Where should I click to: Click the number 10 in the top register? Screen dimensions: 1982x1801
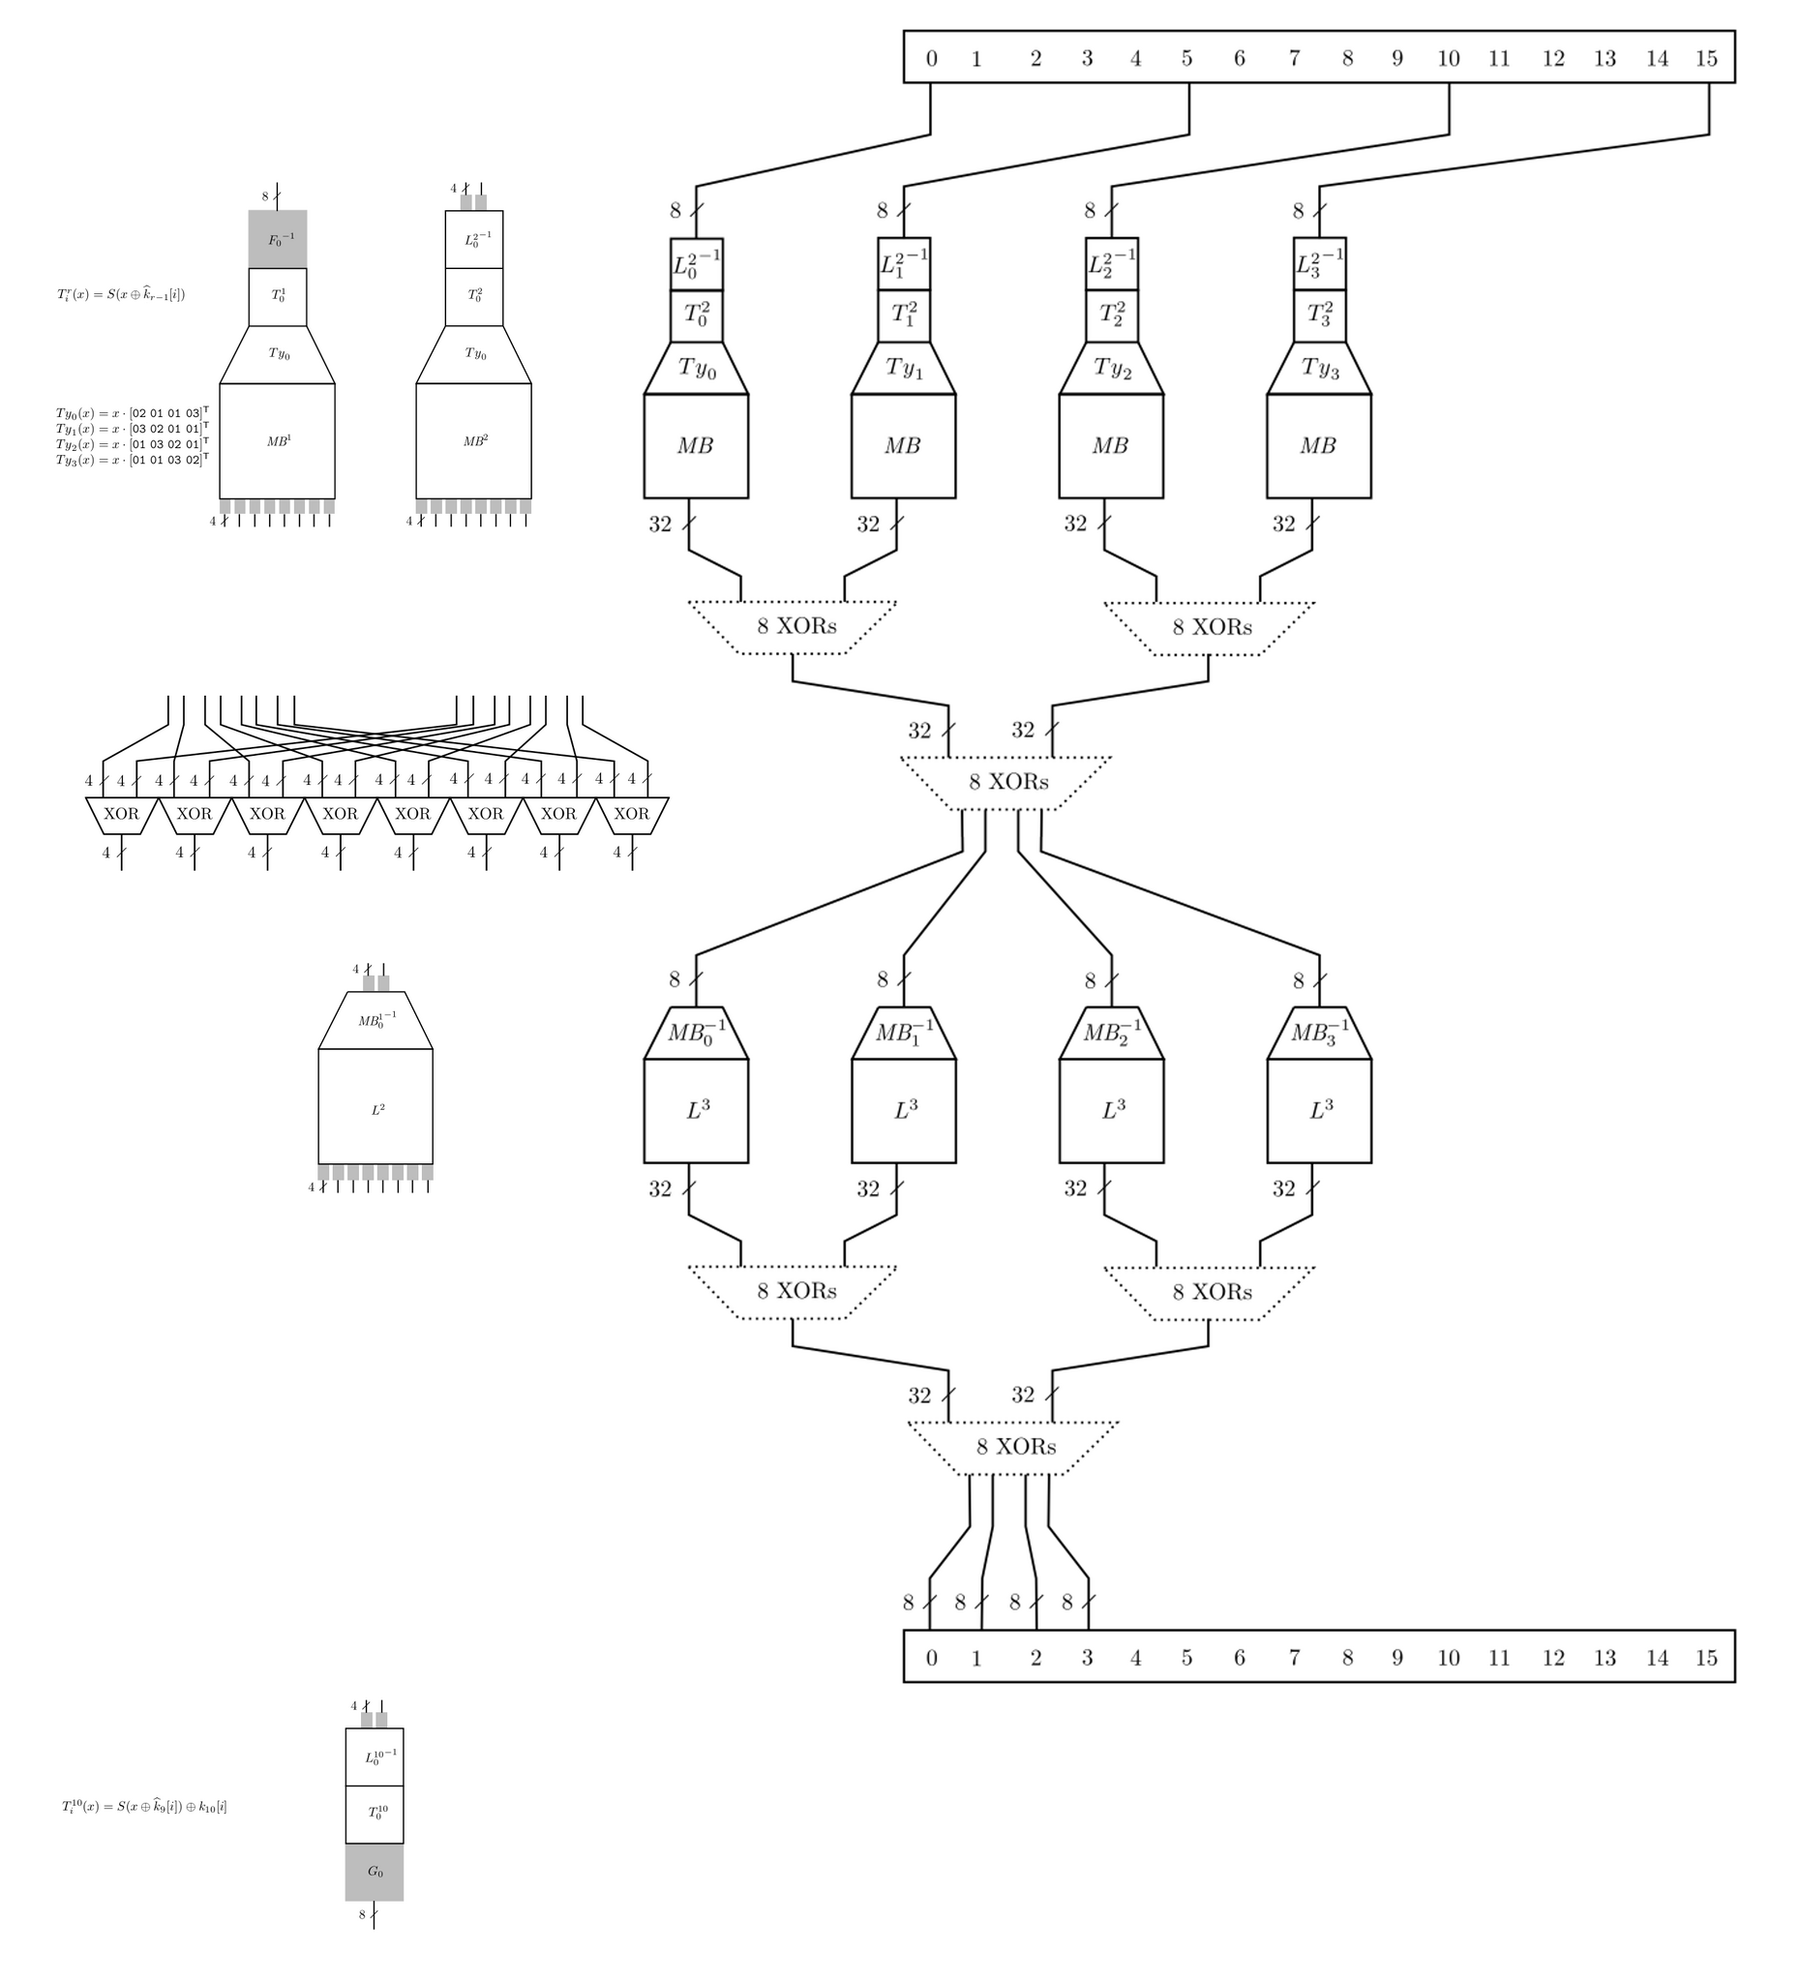pos(1448,59)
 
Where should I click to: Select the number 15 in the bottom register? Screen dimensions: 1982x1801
pos(1705,1658)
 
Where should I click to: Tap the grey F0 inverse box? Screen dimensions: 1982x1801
pos(277,239)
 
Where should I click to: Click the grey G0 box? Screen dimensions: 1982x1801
pos(375,1872)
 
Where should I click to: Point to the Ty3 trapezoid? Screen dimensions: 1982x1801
pos(1319,368)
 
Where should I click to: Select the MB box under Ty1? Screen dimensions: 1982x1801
pos(903,445)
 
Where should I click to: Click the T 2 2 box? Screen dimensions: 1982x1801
pos(1112,315)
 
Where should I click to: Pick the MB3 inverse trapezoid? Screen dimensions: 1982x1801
pos(1319,1033)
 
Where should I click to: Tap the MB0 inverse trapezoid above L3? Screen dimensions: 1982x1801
pos(696,1033)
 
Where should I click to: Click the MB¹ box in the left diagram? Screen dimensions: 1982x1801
pos(277,441)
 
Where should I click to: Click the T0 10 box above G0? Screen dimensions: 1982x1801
pos(375,1813)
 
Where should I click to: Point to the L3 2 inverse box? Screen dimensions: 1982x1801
pos(1319,263)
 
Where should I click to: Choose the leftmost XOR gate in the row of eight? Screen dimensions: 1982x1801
pos(121,814)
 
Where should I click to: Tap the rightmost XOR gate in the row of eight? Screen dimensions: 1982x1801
pos(631,814)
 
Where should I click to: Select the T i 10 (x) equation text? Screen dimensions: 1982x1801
pos(143,1806)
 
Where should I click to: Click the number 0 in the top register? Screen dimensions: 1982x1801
pos(931,59)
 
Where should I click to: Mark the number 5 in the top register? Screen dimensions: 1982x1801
pos(1186,59)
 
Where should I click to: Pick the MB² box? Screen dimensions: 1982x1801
pos(474,441)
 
